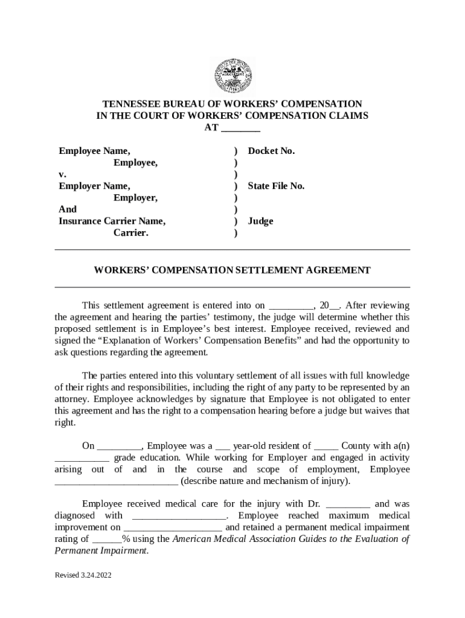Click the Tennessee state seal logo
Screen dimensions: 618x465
point(232,76)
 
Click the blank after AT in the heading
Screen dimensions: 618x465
point(240,128)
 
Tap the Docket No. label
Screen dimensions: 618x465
point(271,151)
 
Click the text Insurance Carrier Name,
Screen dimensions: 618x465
point(112,221)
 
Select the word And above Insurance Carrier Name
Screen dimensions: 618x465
point(68,209)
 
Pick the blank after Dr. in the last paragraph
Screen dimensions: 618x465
point(348,504)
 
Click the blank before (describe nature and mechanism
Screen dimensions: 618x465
point(117,482)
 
